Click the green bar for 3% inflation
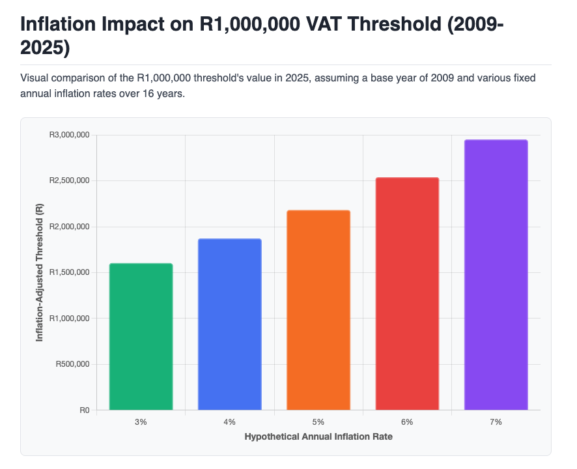[141, 337]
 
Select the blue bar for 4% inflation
[229, 324]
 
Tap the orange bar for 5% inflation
[318, 310]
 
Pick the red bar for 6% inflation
[407, 294]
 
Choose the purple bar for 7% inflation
[496, 275]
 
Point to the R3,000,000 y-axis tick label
[69, 135]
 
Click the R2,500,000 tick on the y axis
[69, 180]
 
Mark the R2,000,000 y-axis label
[69, 227]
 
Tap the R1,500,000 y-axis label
[69, 272]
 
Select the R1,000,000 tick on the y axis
[69, 319]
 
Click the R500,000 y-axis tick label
[72, 364]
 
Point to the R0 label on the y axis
[84, 410]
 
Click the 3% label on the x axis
[141, 422]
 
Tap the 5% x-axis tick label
[318, 422]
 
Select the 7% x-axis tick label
[496, 422]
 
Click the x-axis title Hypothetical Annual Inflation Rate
[318, 436]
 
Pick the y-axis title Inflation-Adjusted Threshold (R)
[40, 272]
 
